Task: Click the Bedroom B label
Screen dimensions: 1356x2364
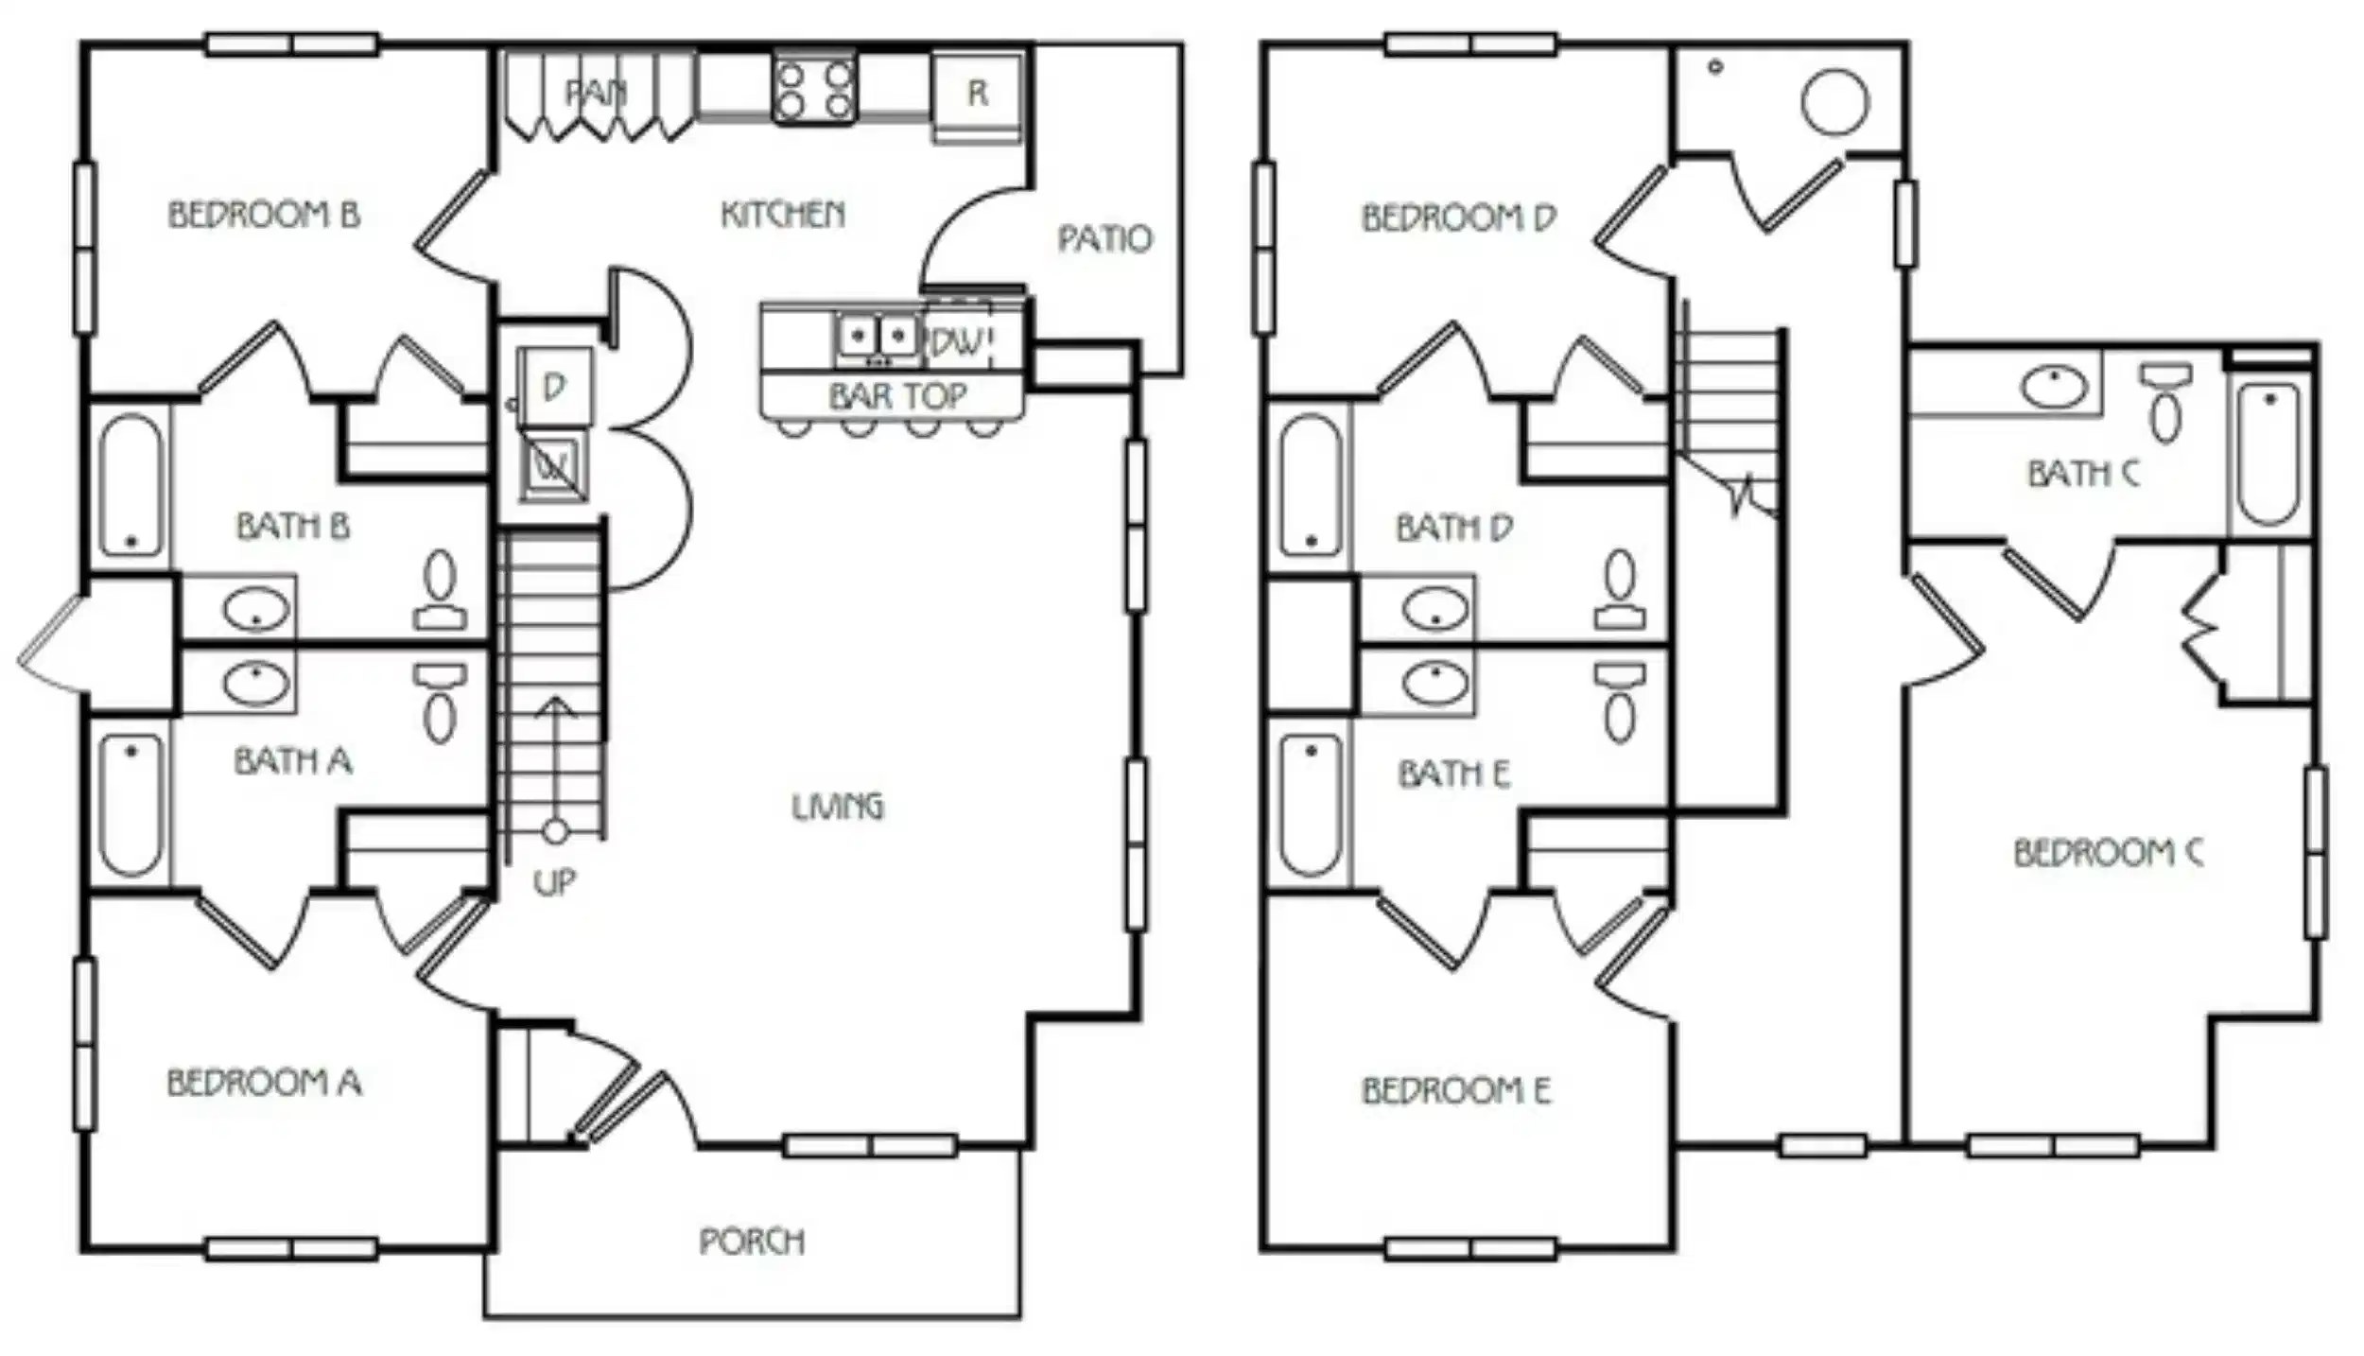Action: pyautogui.click(x=264, y=215)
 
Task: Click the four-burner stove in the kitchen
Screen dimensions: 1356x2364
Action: pyautogui.click(x=814, y=89)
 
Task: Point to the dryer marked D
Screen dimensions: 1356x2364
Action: pyautogui.click(x=555, y=386)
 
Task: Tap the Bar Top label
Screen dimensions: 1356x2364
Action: pyautogui.click(x=897, y=395)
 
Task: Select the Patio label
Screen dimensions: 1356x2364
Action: pyautogui.click(x=1104, y=238)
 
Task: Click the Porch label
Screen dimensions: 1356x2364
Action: pyautogui.click(x=752, y=1241)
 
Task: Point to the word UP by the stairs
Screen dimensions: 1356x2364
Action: pyautogui.click(x=554, y=882)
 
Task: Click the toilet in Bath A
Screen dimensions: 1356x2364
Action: pyautogui.click(x=440, y=704)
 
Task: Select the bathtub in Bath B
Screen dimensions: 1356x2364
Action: pyautogui.click(x=130, y=485)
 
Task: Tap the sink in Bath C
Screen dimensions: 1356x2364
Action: pyautogui.click(x=2054, y=387)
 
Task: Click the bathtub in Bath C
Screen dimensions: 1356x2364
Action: pyautogui.click(x=2268, y=453)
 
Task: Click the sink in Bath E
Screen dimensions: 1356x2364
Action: pyautogui.click(x=1435, y=683)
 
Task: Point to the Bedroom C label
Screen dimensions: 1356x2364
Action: pyautogui.click(x=2108, y=853)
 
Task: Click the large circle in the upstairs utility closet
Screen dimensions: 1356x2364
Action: pyautogui.click(x=1834, y=101)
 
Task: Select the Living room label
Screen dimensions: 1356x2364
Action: pyautogui.click(x=837, y=806)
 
